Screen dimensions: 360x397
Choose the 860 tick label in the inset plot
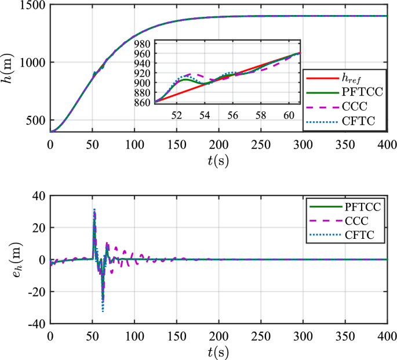pos(141,102)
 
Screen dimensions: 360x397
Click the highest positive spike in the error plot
pos(94,209)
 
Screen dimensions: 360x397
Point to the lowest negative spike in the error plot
pos(103,311)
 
